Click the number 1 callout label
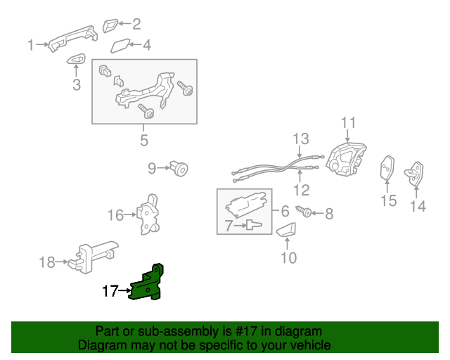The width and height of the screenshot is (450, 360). [x=31, y=46]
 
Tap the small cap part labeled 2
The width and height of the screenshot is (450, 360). [x=111, y=26]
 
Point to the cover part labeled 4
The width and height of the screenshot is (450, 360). [x=120, y=47]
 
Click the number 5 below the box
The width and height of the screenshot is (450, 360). [x=143, y=141]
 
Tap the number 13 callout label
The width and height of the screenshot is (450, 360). [x=301, y=138]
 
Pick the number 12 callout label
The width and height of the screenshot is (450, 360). [x=301, y=190]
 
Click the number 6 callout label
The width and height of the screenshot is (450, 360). [x=285, y=211]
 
